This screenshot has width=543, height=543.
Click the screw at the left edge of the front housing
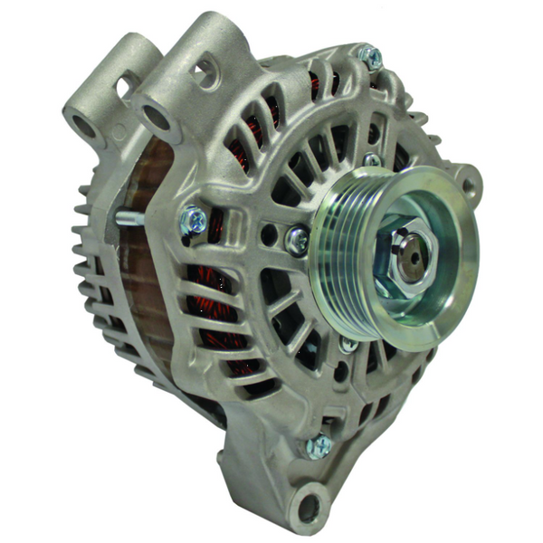click(x=194, y=219)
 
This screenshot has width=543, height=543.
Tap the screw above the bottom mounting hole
click(x=319, y=445)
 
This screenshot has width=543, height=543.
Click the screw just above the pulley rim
click(x=371, y=160)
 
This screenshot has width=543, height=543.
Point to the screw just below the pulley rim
click(x=348, y=344)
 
